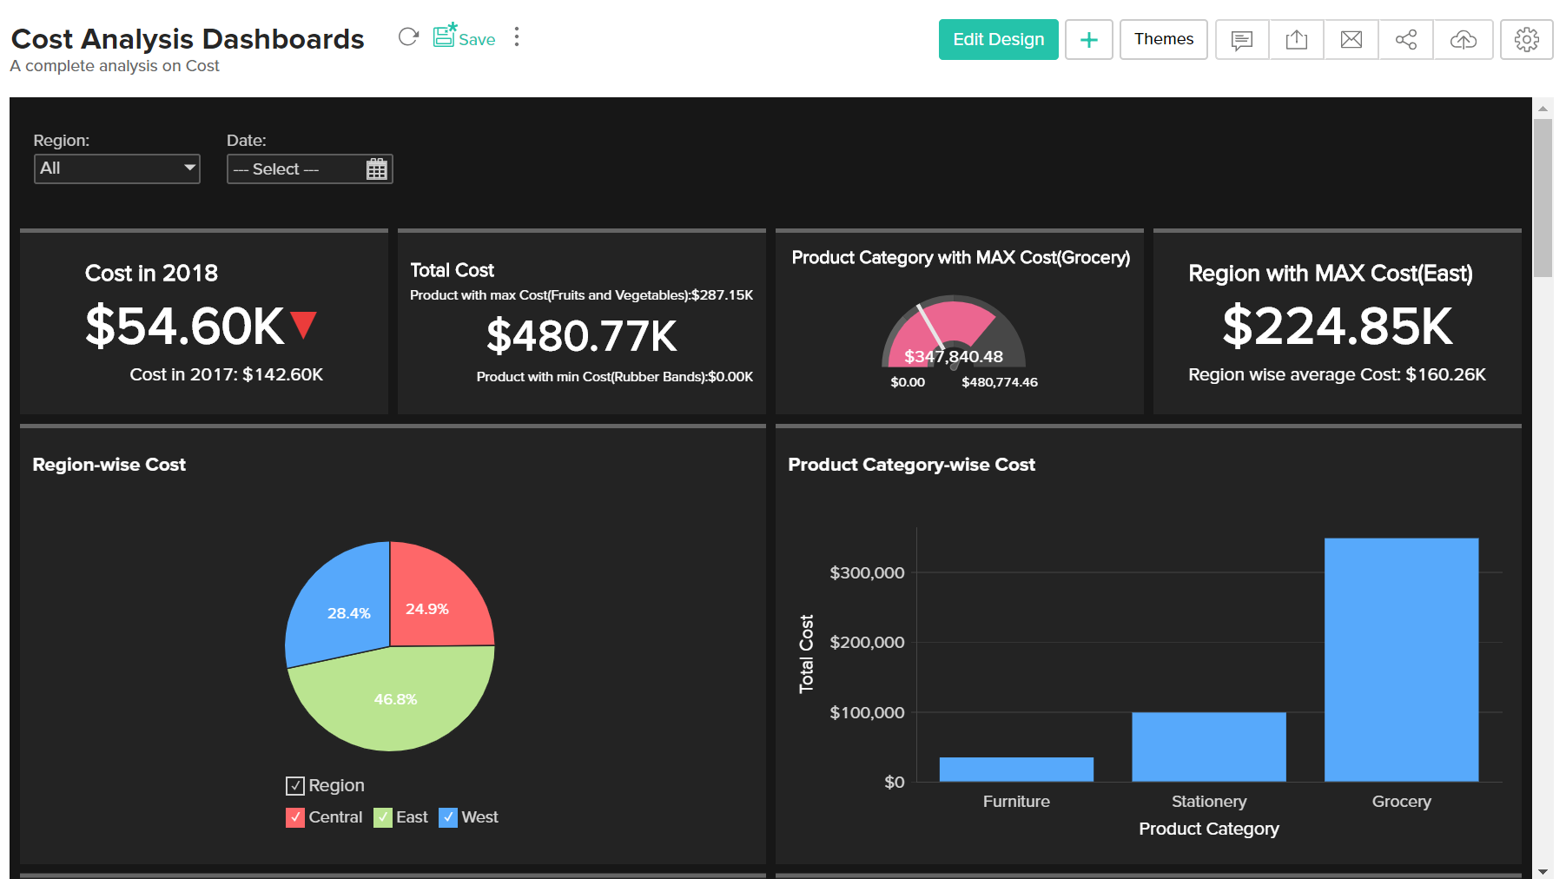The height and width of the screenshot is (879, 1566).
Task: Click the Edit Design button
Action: pyautogui.click(x=998, y=39)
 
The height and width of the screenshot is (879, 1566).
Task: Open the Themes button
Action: pyautogui.click(x=1163, y=39)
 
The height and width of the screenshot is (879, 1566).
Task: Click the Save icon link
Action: pyautogui.click(x=465, y=37)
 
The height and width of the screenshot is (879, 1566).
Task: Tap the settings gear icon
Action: pyautogui.click(x=1526, y=39)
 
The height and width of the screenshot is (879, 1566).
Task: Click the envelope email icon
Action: pyautogui.click(x=1351, y=39)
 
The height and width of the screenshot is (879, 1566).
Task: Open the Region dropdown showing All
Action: pyautogui.click(x=117, y=169)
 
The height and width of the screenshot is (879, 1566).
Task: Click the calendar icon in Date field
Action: pyautogui.click(x=376, y=169)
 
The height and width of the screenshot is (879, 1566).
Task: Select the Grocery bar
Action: pyautogui.click(x=1401, y=660)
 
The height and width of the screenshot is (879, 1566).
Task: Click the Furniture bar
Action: pyautogui.click(x=1016, y=770)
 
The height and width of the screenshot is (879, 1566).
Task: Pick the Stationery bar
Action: pyautogui.click(x=1208, y=747)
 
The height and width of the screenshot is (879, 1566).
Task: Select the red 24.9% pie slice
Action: pyautogui.click(x=434, y=599)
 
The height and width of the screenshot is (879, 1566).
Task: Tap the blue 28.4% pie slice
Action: pyautogui.click(x=343, y=608)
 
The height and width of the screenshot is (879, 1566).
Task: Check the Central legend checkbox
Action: pyautogui.click(x=295, y=817)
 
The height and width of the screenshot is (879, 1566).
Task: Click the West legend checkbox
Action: pyautogui.click(x=447, y=817)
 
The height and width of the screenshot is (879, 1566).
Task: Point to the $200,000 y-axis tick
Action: pyautogui.click(x=867, y=642)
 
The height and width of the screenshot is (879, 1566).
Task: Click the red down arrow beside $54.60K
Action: pyautogui.click(x=303, y=324)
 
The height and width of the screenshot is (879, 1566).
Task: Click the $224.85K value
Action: pyautogui.click(x=1337, y=327)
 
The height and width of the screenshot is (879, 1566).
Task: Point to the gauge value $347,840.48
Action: pyautogui.click(x=953, y=356)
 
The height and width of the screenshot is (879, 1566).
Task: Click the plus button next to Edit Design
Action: pyautogui.click(x=1088, y=39)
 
